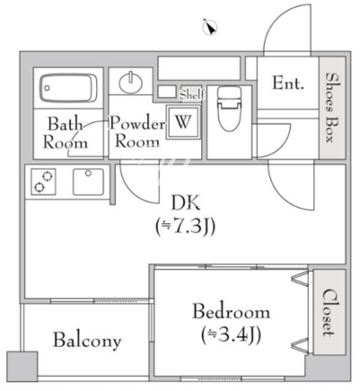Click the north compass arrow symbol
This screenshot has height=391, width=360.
coord(210,27)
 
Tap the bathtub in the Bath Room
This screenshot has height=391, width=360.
coord(68,88)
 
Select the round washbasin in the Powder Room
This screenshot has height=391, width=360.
coord(131,83)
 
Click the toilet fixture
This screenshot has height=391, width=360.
coord(229,109)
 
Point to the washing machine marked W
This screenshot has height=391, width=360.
coord(183,122)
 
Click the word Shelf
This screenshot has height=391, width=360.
coord(192,95)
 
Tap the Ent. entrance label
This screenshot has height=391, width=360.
coord(288,83)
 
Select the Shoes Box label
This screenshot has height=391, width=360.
coord(332,107)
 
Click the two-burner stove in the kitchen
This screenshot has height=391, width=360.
coord(43,182)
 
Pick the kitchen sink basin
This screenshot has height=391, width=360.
coord(89,182)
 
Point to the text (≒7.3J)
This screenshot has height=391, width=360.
coord(185,227)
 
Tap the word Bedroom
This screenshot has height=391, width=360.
coord(231,311)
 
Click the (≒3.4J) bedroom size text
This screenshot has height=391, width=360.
coord(231,335)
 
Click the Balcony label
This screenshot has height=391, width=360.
coord(87,341)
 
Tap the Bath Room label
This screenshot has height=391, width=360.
coord(66,133)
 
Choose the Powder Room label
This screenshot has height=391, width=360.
coord(137,132)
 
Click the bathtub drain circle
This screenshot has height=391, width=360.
coord(47,88)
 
